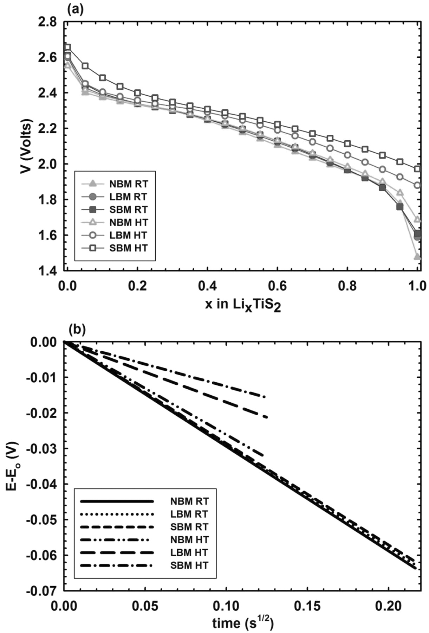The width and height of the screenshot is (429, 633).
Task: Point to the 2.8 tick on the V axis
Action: [x=49, y=22]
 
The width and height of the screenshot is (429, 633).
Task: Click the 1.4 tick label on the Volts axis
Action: [x=49, y=271]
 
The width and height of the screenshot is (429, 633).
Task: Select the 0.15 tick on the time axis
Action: [x=307, y=606]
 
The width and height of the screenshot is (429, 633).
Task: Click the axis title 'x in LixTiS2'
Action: [x=243, y=305]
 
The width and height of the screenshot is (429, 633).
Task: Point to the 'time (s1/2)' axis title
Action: [x=243, y=622]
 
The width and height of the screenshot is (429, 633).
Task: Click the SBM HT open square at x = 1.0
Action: [x=417, y=169]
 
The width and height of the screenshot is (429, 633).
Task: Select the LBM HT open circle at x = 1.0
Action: [x=417, y=185]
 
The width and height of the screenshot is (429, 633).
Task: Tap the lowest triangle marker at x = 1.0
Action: [x=417, y=257]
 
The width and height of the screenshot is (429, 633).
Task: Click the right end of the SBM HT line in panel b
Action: [x=265, y=397]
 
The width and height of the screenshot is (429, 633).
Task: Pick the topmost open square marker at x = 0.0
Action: [x=67, y=47]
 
